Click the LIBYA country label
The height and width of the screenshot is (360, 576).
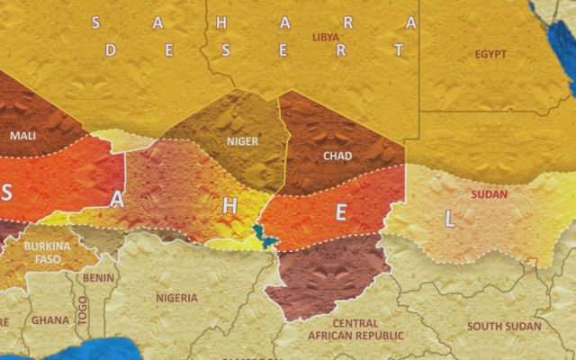pyautogui.click(x=325, y=37)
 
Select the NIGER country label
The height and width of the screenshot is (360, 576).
pyautogui.click(x=242, y=141)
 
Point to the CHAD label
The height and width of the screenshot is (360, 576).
pyautogui.click(x=337, y=156)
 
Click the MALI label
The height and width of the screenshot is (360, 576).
pyautogui.click(x=23, y=136)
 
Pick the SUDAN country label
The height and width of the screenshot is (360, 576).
pyautogui.click(x=489, y=194)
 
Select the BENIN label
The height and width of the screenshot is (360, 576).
pyautogui.click(x=98, y=278)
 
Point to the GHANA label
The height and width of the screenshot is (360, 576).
pyautogui.click(x=49, y=319)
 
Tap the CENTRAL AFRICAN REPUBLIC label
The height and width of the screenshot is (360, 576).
pyautogui.click(x=342, y=329)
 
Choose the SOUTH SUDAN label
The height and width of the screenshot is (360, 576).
pyautogui.click(x=504, y=326)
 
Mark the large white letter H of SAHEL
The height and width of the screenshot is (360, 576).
pyautogui.click(x=229, y=206)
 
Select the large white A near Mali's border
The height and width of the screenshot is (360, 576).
pyautogui.click(x=117, y=202)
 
